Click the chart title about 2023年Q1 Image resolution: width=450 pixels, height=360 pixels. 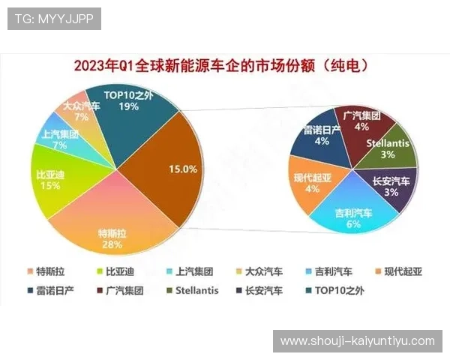click(x=224, y=66)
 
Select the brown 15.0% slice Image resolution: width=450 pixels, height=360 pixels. click(x=176, y=169)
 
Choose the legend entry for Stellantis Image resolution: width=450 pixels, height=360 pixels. click(x=190, y=289)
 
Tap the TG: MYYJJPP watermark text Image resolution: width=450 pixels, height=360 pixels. click(x=54, y=19)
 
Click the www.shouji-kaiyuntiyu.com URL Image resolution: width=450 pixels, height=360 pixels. click(x=357, y=340)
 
